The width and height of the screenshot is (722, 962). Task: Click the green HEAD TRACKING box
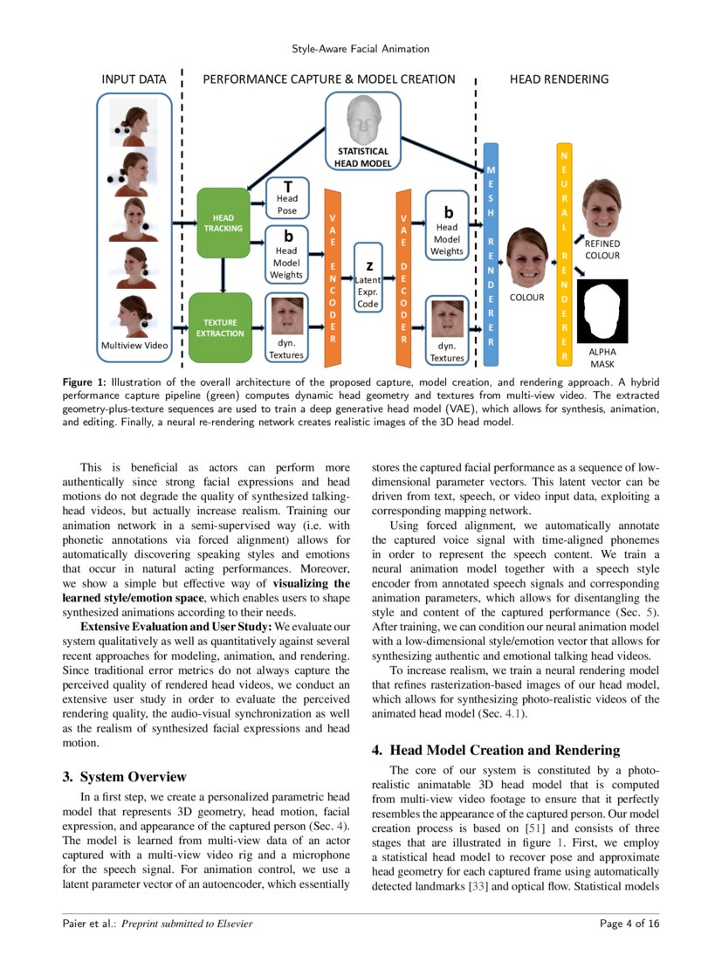pos(223,223)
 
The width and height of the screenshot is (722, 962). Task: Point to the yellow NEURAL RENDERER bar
pos(564,253)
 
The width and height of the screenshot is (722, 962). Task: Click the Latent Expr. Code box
pos(368,285)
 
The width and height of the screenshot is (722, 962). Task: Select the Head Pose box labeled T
pos(287,198)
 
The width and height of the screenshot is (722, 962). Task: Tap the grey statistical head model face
pos(361,121)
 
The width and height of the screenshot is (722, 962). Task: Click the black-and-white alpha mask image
pos(602,312)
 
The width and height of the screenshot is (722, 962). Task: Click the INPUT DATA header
pos(134,79)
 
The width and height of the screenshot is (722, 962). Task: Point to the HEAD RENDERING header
pos(559,79)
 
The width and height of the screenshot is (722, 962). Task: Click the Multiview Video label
pos(134,346)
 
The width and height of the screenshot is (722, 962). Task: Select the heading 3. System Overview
pos(124,777)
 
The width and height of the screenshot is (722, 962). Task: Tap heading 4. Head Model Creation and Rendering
pos(496,750)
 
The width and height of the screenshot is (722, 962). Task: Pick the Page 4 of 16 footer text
pos(629,924)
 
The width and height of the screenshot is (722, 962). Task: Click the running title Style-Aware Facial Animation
pos(361,49)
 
